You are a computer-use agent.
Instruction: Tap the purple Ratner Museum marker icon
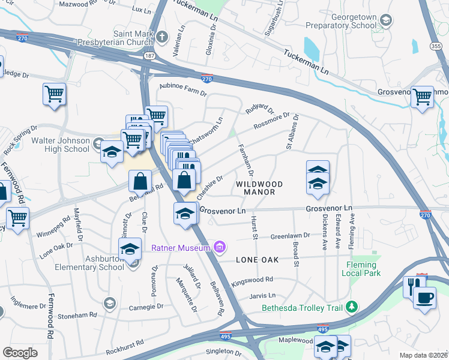pos(220,247)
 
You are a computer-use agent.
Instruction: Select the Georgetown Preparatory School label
pos(340,22)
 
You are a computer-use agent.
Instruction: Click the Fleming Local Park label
pos(361,269)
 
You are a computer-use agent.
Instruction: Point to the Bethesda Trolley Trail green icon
pos(352,308)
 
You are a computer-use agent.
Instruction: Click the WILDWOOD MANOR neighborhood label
pos(255,188)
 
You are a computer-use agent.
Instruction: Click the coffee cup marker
pos(426,297)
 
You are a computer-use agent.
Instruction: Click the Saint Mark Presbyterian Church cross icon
pos(161,38)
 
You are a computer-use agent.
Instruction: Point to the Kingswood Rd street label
pos(252,280)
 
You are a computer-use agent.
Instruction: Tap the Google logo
pos(20,352)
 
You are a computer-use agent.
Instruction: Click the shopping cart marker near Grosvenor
pos(423,95)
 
